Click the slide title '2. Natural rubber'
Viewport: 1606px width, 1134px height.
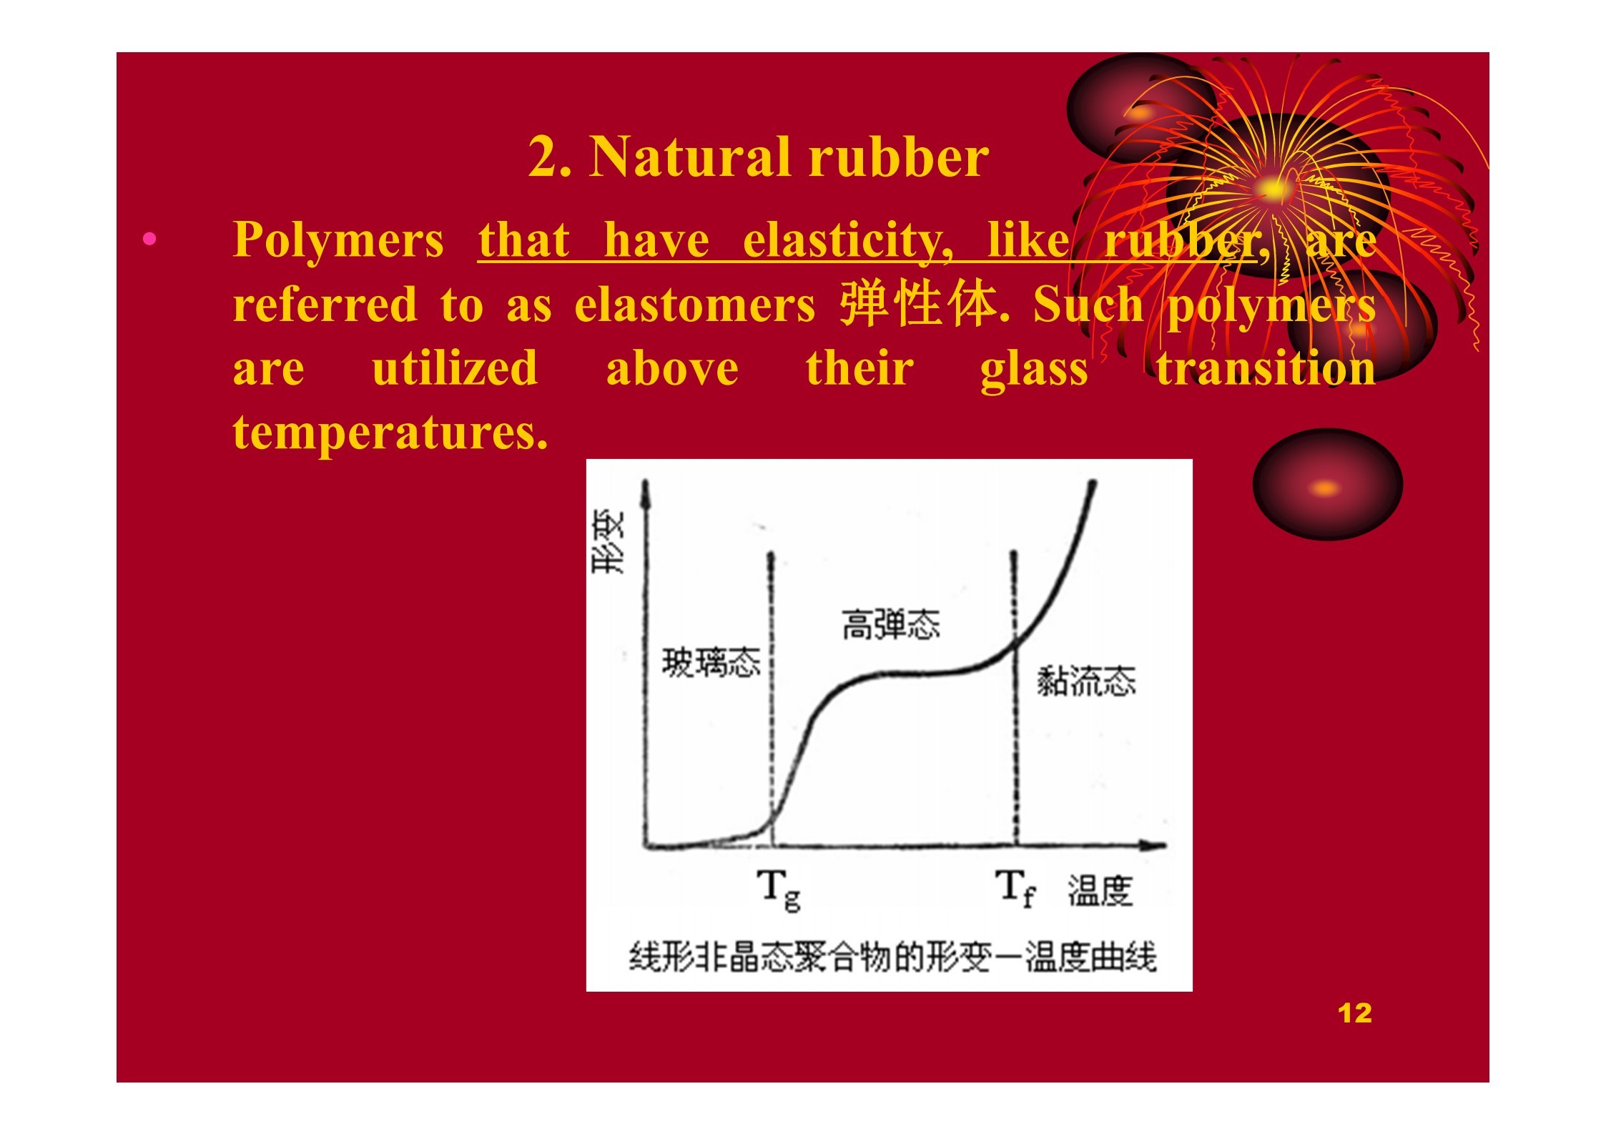758,157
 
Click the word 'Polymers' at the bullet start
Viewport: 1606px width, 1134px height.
338,240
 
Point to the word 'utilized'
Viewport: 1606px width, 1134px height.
455,368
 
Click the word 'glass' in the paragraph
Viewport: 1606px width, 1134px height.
1034,370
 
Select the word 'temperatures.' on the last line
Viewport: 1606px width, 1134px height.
390,433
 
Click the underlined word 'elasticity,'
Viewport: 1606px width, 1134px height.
847,240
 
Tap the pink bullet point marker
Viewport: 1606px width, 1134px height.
149,239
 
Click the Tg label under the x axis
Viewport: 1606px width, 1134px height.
779,889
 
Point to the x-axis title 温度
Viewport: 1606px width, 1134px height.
1100,891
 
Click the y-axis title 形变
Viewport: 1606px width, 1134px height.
609,541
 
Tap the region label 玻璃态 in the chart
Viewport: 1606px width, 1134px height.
711,662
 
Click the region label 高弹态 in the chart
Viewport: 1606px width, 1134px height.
890,623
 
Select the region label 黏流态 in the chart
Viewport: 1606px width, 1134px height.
1086,681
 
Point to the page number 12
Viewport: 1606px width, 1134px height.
1354,1013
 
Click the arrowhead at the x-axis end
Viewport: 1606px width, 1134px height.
1156,846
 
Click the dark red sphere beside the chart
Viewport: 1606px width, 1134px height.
1327,485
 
